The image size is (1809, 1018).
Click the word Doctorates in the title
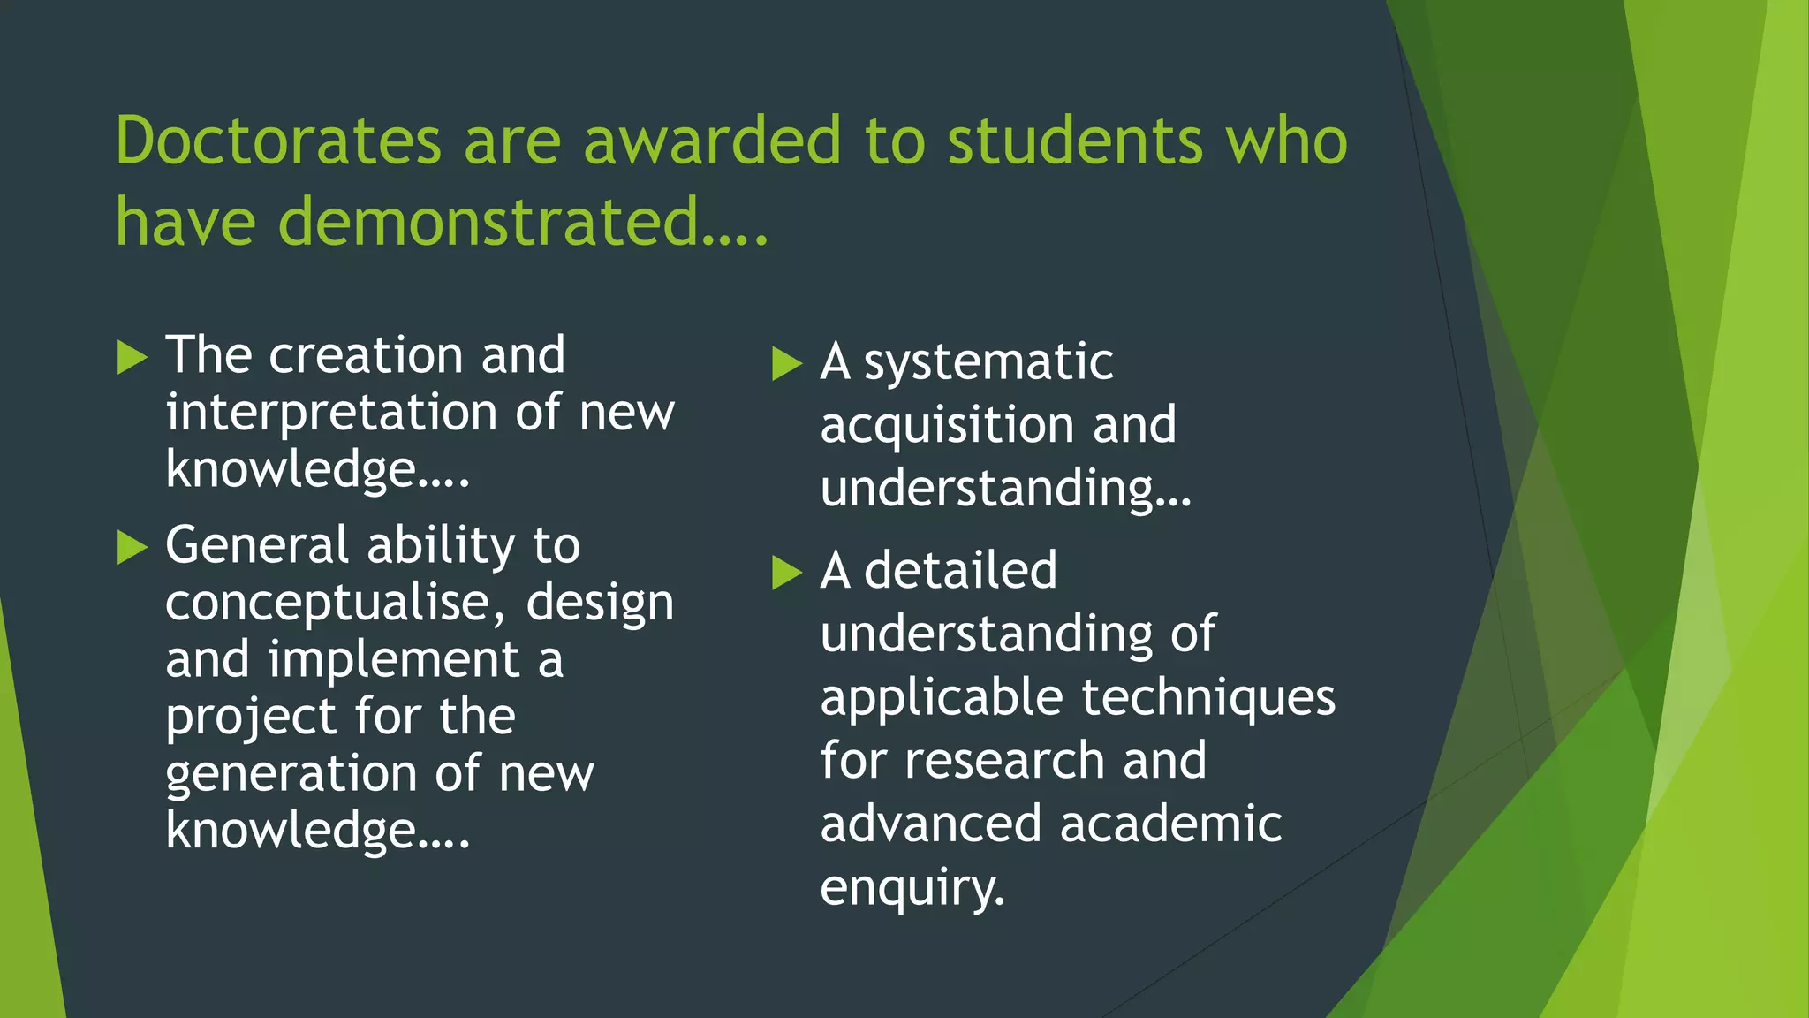click(x=278, y=141)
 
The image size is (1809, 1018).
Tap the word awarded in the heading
click(x=713, y=141)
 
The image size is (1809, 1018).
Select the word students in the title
click(x=1075, y=141)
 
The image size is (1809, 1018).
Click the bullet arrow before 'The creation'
click(x=132, y=358)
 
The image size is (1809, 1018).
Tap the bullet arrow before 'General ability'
click(x=132, y=548)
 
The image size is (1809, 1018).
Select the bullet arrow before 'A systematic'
click(x=786, y=363)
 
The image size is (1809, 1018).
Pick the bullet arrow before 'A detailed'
click(x=786, y=573)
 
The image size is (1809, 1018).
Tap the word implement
click(x=394, y=660)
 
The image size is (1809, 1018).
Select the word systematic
click(x=988, y=363)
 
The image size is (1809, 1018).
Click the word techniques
click(x=1208, y=697)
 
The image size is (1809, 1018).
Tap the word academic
click(x=1170, y=824)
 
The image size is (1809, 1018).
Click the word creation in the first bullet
click(x=367, y=356)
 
